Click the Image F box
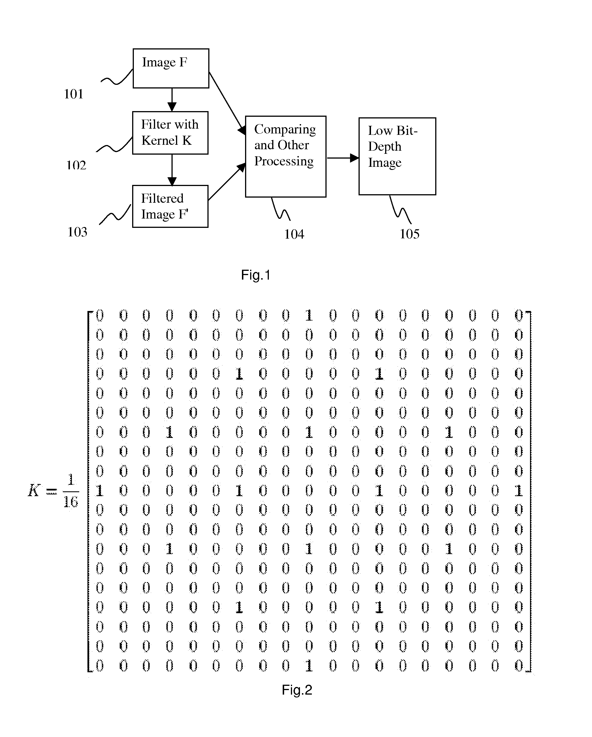coord(171,68)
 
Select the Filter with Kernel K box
coord(170,133)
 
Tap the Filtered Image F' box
coord(170,206)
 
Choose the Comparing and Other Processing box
coord(286,156)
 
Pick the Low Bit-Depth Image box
coord(397,156)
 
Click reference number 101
coord(74,94)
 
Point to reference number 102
coord(76,165)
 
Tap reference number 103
coord(77,232)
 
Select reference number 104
coord(294,234)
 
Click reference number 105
coord(409,234)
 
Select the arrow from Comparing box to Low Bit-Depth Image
coord(342,158)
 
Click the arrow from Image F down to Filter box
coord(172,100)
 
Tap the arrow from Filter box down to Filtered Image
coord(172,170)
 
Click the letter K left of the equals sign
coord(34,490)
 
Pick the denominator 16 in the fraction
coord(71,502)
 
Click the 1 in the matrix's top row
coord(309,315)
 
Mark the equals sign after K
coord(51,492)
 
